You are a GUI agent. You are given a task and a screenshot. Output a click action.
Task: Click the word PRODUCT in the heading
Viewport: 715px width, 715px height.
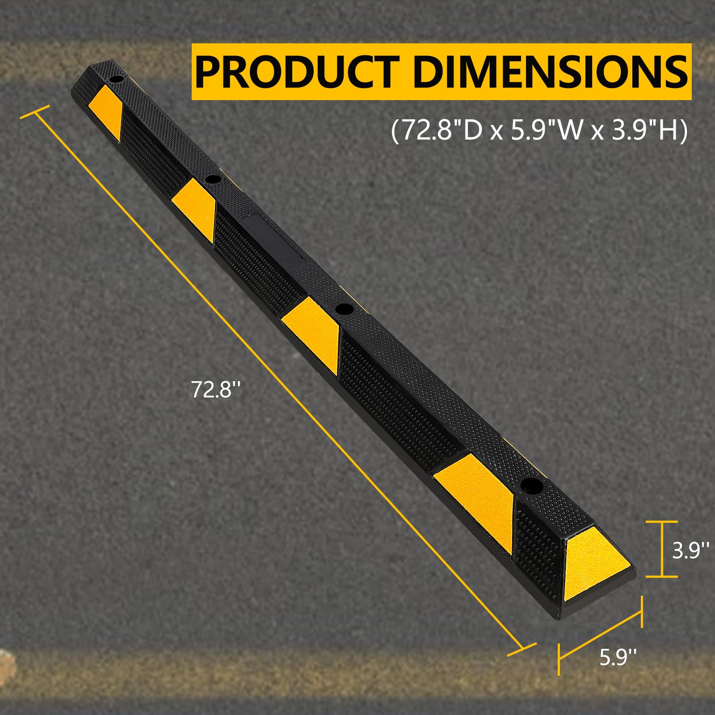pos(297,72)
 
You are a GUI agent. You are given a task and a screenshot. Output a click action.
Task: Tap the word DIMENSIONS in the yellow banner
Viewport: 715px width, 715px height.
pos(550,71)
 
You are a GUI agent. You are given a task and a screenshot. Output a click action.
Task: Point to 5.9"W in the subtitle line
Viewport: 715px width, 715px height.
pos(547,131)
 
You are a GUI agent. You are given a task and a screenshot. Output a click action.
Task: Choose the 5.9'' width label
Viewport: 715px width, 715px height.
pos(618,657)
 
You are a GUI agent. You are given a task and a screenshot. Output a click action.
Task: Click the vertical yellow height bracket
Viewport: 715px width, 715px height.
pos(662,549)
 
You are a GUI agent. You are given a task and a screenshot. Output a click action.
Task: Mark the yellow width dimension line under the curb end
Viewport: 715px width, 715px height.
pos(600,635)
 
